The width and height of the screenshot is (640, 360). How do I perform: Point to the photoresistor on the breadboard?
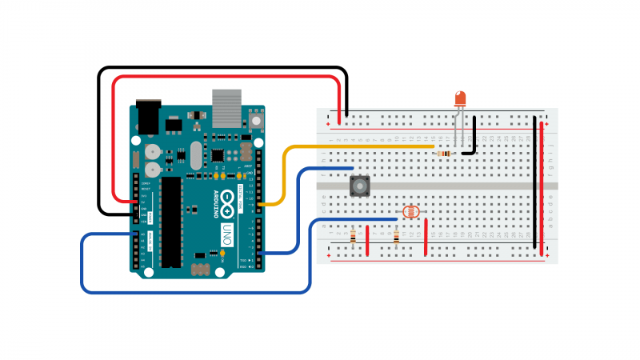[x=410, y=212]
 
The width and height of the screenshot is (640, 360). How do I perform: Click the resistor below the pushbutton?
[x=354, y=237]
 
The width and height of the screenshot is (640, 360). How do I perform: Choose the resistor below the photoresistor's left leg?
[x=397, y=237]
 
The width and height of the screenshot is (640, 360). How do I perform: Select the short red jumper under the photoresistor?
[x=426, y=238]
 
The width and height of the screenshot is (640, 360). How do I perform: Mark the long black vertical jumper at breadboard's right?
[x=535, y=180]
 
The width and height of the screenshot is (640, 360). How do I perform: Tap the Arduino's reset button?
[x=256, y=120]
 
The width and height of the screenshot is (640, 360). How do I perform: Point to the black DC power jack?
[x=148, y=118]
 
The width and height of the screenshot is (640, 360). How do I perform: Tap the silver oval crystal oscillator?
[x=197, y=156]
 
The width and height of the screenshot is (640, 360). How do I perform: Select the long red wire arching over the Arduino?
[x=224, y=77]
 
